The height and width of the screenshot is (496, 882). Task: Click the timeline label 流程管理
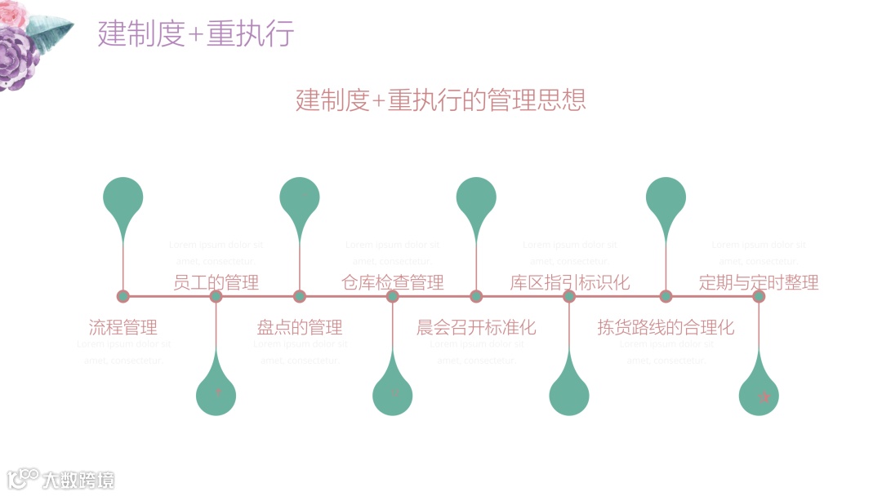[122, 328]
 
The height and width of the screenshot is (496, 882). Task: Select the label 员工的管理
[216, 283]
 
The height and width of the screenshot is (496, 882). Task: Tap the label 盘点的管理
[300, 328]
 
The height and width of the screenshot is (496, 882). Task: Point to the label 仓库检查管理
[393, 283]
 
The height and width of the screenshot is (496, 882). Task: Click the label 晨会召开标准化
[476, 328]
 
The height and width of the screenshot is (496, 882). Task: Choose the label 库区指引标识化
[570, 283]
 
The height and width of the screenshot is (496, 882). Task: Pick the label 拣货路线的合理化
[666, 328]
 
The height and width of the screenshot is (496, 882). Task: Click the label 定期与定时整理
[759, 283]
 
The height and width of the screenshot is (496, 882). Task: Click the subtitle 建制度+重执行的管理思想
[441, 100]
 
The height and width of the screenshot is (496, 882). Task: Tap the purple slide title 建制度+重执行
[196, 34]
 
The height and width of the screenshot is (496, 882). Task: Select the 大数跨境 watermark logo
[61, 480]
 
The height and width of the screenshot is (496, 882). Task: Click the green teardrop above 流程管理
[123, 199]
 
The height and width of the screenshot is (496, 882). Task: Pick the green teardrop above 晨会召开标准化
[476, 199]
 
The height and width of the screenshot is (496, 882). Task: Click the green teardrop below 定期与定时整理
[759, 395]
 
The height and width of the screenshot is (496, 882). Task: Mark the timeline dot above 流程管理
[123, 296]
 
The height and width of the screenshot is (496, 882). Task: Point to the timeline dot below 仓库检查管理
[393, 296]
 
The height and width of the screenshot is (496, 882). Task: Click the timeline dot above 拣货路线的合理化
[666, 296]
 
